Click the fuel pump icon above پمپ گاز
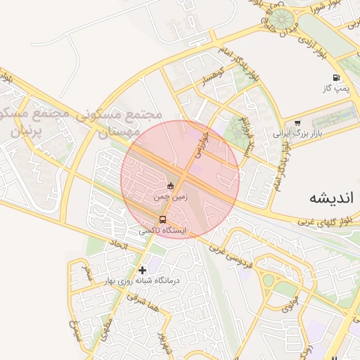pyautogui.click(x=336, y=78)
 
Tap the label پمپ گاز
pyautogui.click(x=336, y=89)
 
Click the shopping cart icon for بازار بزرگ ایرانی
pyautogui.click(x=297, y=123)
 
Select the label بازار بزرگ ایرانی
pyautogui.click(x=297, y=132)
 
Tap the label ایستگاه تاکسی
pyautogui.click(x=163, y=230)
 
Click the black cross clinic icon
pyautogui.click(x=143, y=269)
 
